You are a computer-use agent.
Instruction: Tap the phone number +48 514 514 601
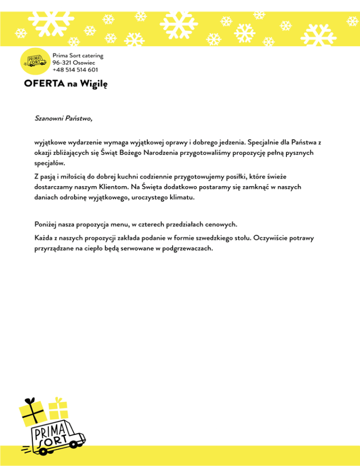(75, 70)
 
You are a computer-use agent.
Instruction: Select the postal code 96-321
(62, 63)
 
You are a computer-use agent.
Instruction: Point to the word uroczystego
(148, 198)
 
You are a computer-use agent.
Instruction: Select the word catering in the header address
(92, 56)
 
